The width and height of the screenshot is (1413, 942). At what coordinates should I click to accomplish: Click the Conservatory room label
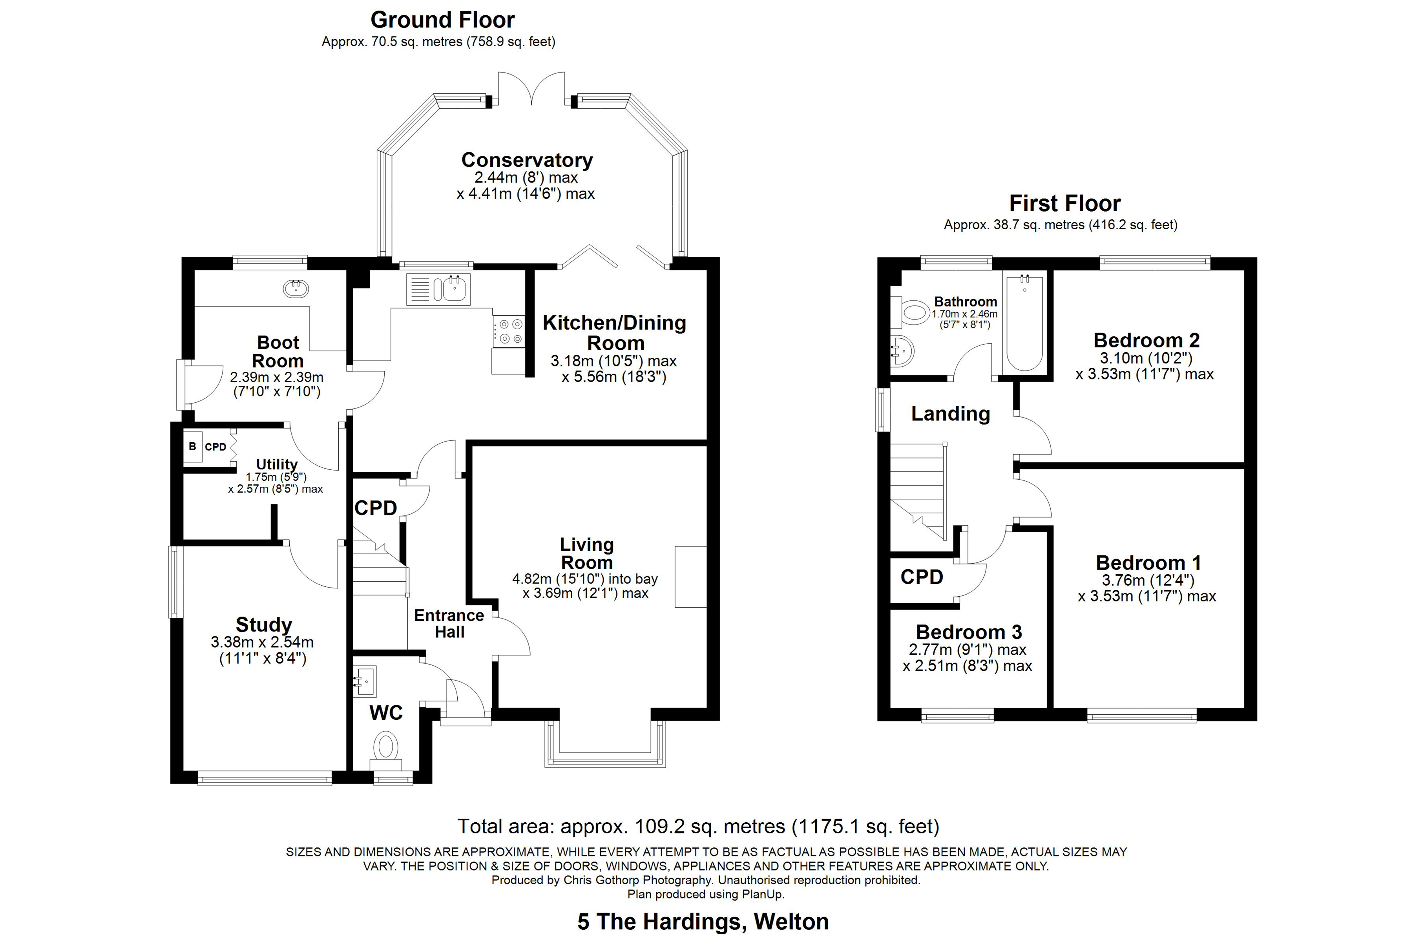(527, 161)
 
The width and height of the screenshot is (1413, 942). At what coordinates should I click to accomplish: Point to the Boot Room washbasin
(296, 289)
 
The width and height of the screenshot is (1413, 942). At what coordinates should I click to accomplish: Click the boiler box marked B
(192, 446)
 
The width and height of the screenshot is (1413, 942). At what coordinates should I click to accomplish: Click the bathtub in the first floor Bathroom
(1024, 323)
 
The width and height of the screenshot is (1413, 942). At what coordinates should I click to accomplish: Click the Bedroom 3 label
(968, 632)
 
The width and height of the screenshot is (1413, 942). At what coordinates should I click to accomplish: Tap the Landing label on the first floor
(950, 414)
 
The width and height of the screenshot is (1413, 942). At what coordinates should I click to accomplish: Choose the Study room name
(264, 625)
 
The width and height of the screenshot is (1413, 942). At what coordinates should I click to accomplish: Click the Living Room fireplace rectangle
(691, 577)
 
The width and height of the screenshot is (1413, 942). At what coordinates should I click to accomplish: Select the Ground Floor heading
(442, 20)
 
